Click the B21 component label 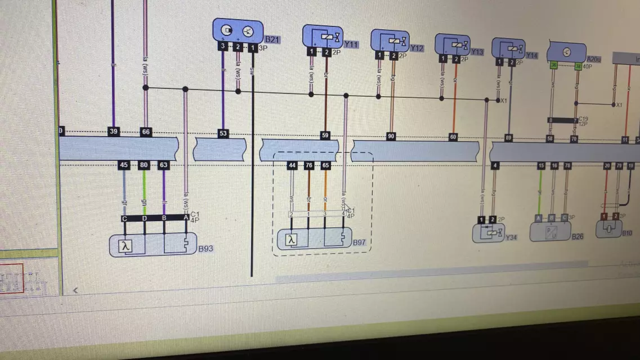point(272,39)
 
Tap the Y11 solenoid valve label point(351,44)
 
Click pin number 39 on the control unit point(114,132)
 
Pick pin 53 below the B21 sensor point(223,133)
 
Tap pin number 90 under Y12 point(391,136)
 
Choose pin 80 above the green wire point(144,165)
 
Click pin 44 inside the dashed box point(292,165)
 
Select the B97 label point(360,242)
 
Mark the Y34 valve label point(511,237)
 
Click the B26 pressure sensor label point(577,236)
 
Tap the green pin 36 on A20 point(554,66)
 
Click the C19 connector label point(584,119)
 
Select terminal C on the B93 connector point(124,218)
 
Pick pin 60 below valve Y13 point(453,137)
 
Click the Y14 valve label point(532,55)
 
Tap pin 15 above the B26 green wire point(541,165)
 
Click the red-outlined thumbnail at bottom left point(11,278)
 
